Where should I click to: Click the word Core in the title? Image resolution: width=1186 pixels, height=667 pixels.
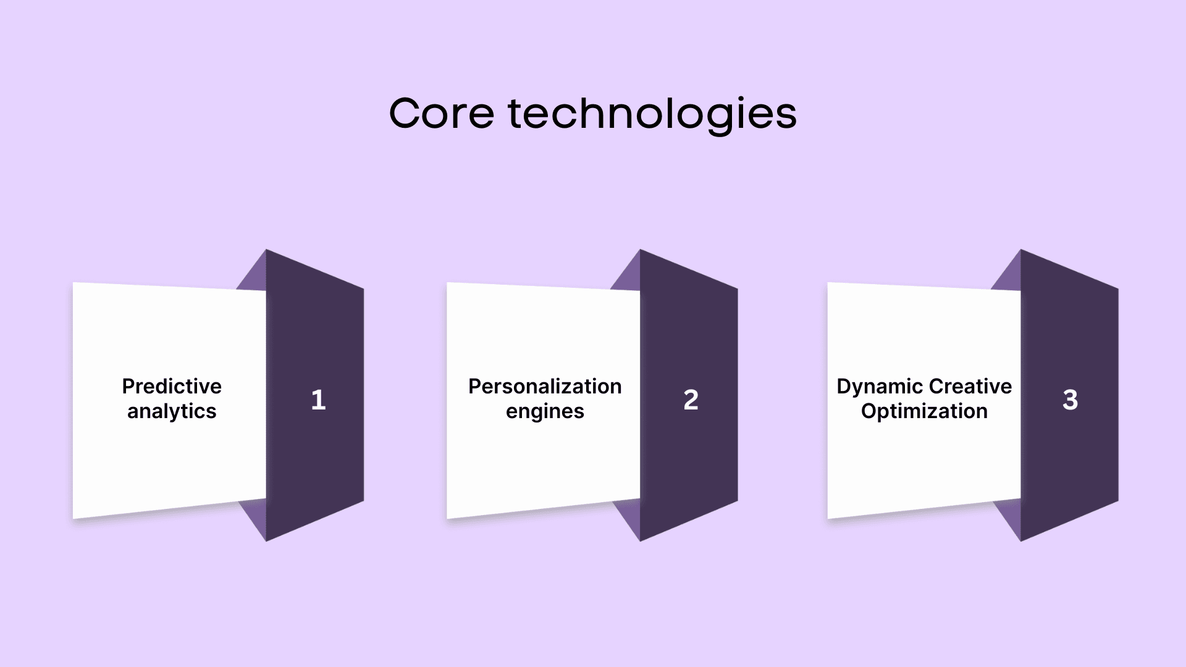442,114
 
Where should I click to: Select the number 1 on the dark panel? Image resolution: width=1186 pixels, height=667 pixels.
318,400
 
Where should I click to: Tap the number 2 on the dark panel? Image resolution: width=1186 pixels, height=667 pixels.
691,400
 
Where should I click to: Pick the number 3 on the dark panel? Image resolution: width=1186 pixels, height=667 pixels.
1070,400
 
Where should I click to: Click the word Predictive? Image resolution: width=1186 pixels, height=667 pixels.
172,386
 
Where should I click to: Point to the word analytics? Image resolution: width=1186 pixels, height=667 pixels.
172,411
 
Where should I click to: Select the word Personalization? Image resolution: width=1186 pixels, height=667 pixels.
545,386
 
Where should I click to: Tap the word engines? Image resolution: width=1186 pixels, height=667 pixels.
545,412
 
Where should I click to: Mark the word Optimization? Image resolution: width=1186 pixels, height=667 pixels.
924,411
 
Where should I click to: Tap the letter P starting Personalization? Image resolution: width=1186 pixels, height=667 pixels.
475,386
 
